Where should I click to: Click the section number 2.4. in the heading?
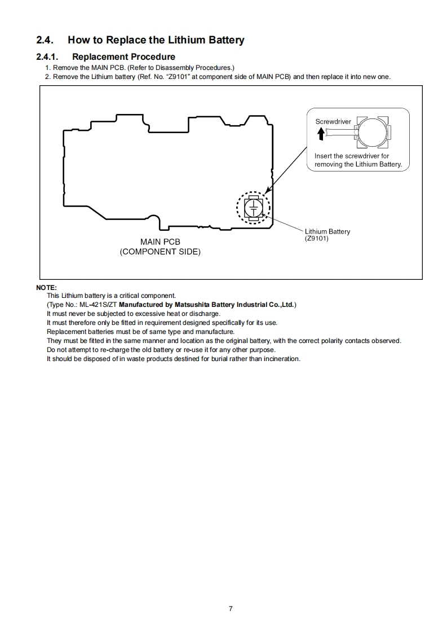[45, 40]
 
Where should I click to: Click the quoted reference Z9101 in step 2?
[179, 76]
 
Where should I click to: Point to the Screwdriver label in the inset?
[333, 121]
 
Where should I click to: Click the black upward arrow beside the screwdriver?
[321, 133]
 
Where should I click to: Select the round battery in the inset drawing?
[373, 134]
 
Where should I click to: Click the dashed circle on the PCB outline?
[254, 207]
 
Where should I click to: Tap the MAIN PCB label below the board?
[160, 242]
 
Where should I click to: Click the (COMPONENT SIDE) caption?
[160, 252]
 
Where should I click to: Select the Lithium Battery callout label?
[327, 231]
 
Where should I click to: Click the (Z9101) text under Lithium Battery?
[316, 238]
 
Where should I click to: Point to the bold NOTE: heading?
[46, 287]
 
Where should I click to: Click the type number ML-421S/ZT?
[99, 305]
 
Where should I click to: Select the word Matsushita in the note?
[192, 305]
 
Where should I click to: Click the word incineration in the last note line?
[281, 359]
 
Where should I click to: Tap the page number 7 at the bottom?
[231, 608]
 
